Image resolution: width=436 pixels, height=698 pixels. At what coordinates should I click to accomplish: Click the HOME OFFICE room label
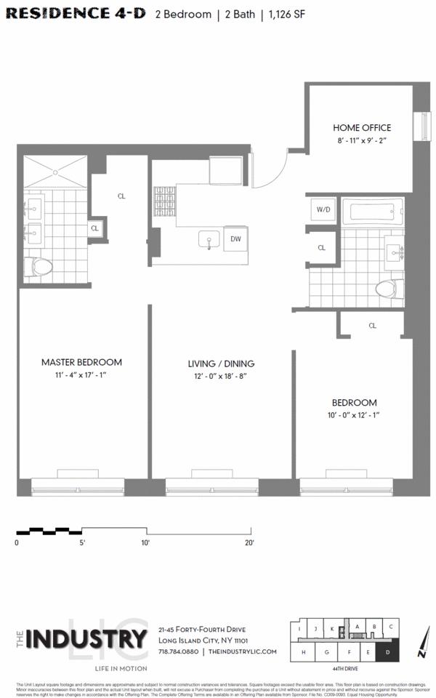point(362,127)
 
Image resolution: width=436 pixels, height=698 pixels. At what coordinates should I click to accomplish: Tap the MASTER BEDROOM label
point(81,362)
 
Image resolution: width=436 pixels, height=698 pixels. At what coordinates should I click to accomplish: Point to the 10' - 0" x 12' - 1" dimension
point(355,415)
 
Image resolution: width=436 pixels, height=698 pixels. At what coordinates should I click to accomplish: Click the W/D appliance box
point(322,210)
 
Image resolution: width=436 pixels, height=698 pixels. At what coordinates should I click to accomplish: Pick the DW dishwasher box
point(235,238)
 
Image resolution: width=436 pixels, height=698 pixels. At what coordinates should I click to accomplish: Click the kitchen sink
point(209,240)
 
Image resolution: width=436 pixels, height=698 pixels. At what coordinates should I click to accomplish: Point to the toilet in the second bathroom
point(389,289)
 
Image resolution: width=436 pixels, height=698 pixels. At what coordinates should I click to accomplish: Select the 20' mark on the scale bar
point(249,542)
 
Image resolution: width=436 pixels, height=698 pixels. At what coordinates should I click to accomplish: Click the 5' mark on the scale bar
point(82,542)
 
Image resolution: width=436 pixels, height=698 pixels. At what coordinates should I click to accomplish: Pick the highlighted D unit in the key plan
point(388,652)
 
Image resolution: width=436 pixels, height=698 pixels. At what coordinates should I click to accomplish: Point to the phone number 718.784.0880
point(179,652)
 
